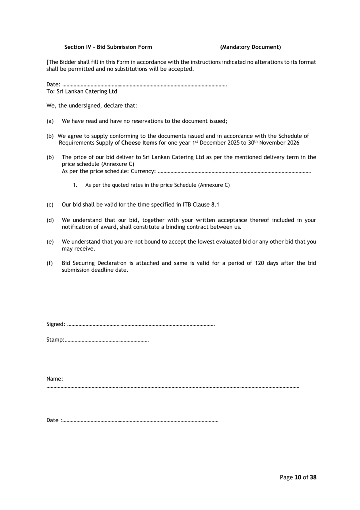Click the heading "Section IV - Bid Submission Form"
click(108, 47)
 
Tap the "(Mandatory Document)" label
click(250, 47)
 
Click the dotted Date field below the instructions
click(144, 85)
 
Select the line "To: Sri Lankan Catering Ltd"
click(82, 92)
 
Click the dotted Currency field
click(234, 172)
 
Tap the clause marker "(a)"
click(50, 121)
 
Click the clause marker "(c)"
click(50, 204)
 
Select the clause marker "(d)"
click(50, 220)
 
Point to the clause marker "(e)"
click(50, 242)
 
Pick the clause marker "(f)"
click(50, 263)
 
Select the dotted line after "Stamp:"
click(107, 341)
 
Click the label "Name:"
click(55, 379)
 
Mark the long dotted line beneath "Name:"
click(173, 387)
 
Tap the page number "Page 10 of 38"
click(298, 477)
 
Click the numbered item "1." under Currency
click(75, 185)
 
